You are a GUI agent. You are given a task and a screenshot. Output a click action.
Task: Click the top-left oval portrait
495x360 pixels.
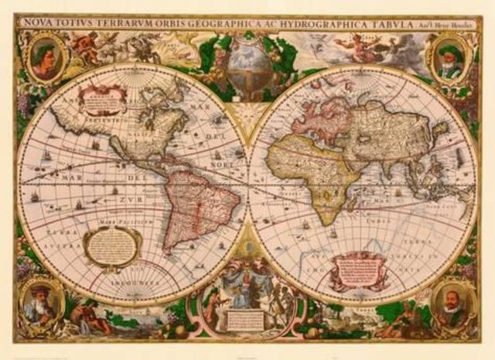click(x=44, y=59)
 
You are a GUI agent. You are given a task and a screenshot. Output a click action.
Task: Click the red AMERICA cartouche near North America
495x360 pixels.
click(x=103, y=98)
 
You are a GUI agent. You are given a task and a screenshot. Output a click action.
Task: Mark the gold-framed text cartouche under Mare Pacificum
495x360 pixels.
click(x=112, y=246)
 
